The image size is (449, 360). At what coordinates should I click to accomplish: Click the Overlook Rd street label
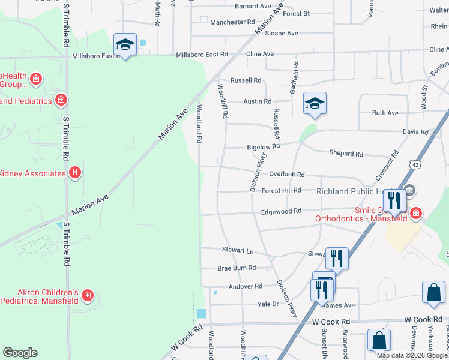[x=287, y=175]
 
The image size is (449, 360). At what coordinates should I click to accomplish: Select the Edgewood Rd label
[x=281, y=212]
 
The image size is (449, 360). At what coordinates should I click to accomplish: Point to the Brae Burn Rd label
[x=237, y=268]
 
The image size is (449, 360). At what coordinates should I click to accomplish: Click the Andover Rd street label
[x=246, y=287]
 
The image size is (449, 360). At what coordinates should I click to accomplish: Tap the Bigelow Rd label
[x=264, y=146]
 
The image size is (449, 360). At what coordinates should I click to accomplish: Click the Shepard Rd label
[x=346, y=154]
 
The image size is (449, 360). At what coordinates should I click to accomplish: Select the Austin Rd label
[x=257, y=102]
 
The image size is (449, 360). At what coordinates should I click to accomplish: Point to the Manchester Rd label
[x=232, y=22]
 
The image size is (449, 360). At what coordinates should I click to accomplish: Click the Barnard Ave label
[x=253, y=7]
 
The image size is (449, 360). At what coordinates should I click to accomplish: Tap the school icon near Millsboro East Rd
[x=125, y=44]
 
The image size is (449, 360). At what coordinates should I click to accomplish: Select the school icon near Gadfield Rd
[x=315, y=104]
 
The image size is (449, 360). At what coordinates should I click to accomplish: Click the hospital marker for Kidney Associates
[x=75, y=173]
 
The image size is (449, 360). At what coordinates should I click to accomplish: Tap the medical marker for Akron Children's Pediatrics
[x=88, y=295]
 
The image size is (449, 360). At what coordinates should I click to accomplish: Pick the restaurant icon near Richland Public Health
[x=394, y=200]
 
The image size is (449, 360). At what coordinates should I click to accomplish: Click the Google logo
[x=20, y=353]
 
